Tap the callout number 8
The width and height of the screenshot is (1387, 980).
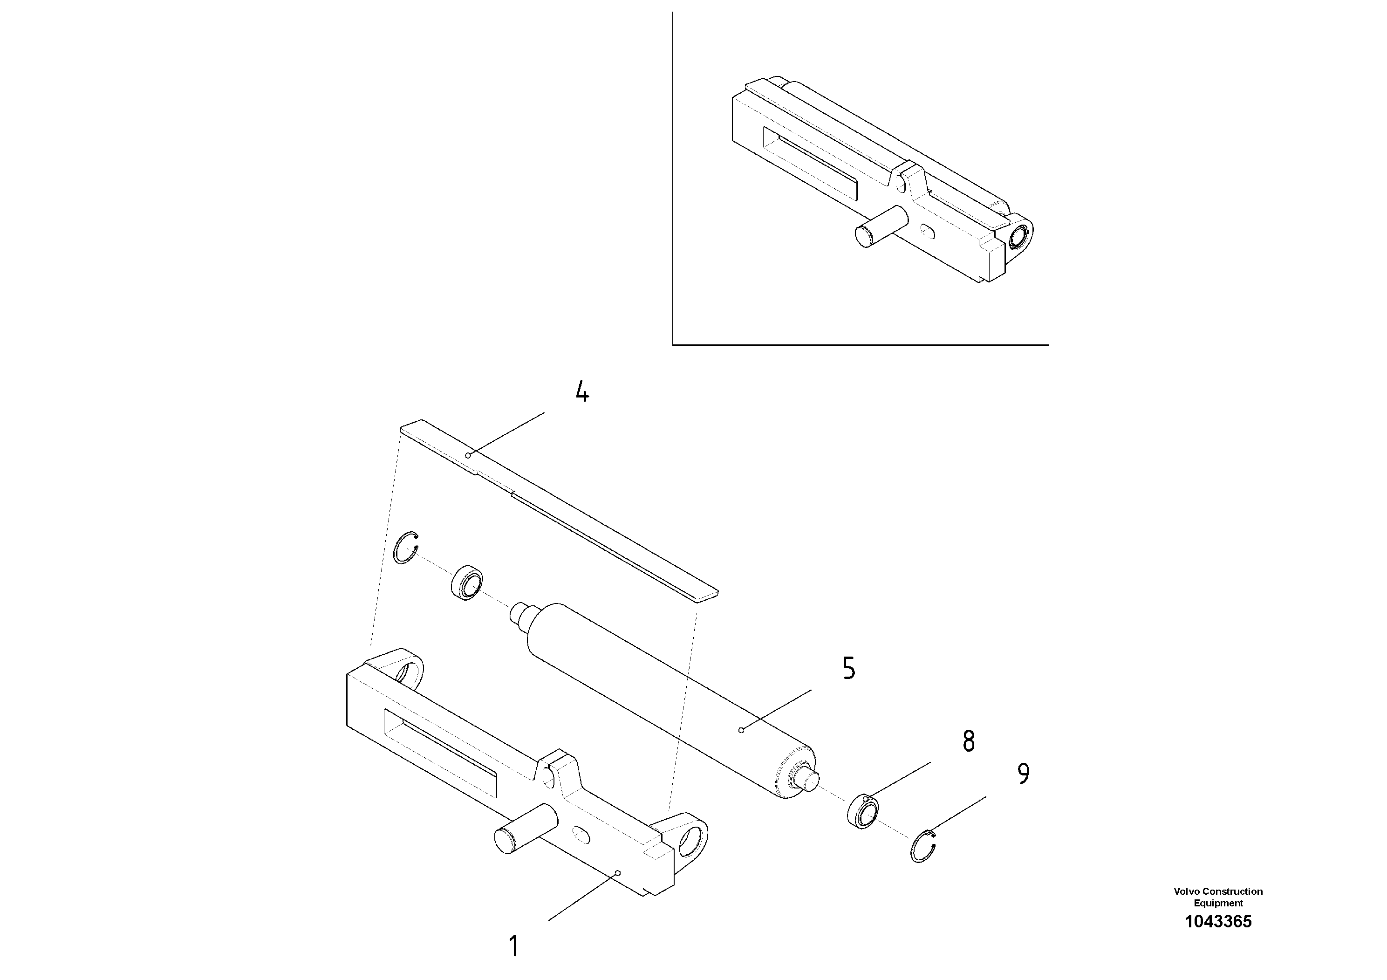click(x=968, y=741)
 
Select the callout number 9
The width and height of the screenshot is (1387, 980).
click(x=1023, y=774)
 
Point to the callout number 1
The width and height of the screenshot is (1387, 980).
click(x=513, y=947)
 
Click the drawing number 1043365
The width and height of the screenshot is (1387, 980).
click(x=1218, y=921)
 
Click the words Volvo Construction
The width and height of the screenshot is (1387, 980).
click(x=1218, y=891)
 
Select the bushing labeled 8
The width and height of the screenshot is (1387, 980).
click(x=864, y=813)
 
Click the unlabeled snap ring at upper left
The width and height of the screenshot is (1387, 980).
click(x=405, y=548)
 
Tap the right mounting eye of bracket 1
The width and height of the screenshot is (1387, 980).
click(x=689, y=839)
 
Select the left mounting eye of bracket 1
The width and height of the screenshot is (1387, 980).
click(x=411, y=672)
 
